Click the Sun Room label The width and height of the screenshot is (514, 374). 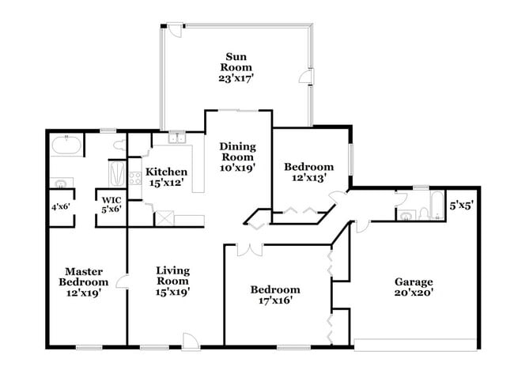pyautogui.click(x=234, y=67)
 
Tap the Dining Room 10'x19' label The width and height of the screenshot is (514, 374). pyautogui.click(x=236, y=157)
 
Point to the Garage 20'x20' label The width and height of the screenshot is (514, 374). pyautogui.click(x=414, y=287)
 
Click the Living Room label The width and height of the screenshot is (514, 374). pyautogui.click(x=172, y=281)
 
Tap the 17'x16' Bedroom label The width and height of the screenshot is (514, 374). pyautogui.click(x=275, y=295)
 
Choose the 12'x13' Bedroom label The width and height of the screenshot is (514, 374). pyautogui.click(x=308, y=172)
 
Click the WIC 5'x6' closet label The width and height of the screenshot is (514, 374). pyautogui.click(x=110, y=204)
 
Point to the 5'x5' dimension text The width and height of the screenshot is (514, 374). pyautogui.click(x=461, y=205)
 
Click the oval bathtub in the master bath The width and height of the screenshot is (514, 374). pyautogui.click(x=66, y=146)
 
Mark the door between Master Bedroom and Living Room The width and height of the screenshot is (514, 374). pyautogui.click(x=121, y=280)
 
